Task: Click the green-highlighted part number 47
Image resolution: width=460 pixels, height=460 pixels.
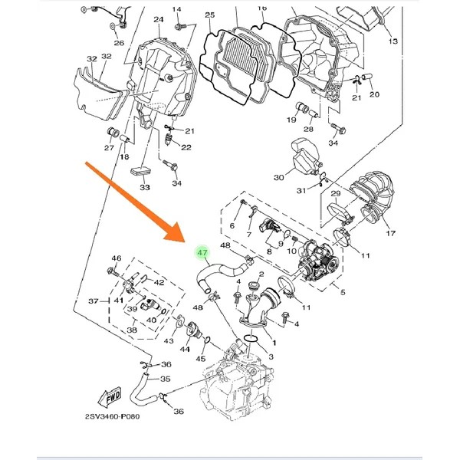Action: coord(202,253)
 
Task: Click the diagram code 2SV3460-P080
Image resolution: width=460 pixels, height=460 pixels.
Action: coord(113,416)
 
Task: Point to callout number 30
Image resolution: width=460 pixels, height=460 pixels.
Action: coord(279,177)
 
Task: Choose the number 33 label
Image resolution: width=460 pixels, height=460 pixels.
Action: coord(145,187)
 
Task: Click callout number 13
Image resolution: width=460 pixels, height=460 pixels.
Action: coord(393,41)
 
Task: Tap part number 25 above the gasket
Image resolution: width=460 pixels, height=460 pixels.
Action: coord(210,15)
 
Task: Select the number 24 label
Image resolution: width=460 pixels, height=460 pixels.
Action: coord(159,20)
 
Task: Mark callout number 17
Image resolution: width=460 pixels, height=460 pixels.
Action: coord(390,233)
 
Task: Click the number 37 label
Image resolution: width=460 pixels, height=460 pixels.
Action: coord(94,301)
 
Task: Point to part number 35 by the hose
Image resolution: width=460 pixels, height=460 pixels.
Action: coord(165,379)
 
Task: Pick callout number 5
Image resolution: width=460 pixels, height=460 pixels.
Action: coord(343,292)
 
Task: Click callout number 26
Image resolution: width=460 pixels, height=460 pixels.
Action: coord(119,43)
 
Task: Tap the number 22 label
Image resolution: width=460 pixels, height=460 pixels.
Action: coord(186,147)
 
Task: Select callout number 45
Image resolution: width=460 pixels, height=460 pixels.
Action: coord(201,359)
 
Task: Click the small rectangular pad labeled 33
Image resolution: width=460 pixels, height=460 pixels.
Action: coord(140,171)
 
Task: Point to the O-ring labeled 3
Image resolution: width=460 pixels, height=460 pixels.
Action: coord(250,338)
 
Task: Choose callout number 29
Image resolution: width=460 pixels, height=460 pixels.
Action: coord(336,194)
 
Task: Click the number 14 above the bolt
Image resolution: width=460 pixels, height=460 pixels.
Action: coord(176,9)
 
